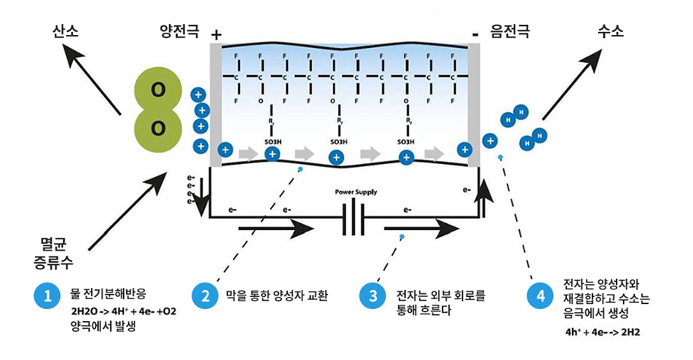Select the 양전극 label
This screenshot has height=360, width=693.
179,32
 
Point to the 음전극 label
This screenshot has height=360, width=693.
510,32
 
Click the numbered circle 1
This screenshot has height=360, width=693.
46,296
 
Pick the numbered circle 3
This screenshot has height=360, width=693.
373,296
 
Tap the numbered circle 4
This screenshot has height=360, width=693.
540,296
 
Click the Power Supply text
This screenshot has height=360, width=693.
356,192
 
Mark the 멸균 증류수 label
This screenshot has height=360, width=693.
55,253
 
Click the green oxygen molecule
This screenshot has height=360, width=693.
158,109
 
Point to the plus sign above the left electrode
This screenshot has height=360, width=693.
217,35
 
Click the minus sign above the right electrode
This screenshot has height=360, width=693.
475,34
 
